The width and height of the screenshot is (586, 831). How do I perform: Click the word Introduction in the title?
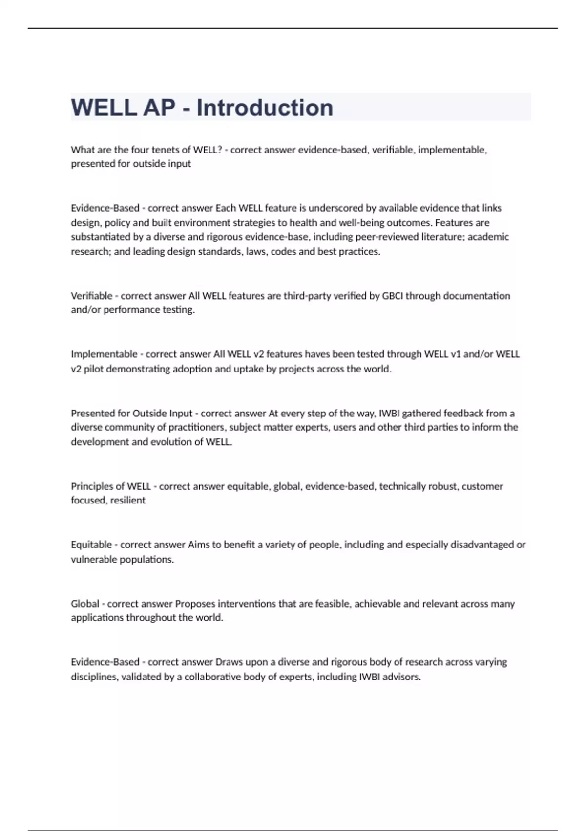(265, 108)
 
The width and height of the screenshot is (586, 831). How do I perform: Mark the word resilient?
(128, 500)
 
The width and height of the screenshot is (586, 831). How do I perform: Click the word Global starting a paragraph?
(85, 604)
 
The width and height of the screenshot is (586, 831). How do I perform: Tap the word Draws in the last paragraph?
(228, 662)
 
